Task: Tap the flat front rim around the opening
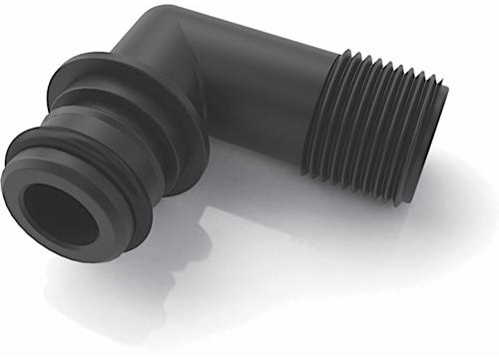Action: (x=30, y=189)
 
